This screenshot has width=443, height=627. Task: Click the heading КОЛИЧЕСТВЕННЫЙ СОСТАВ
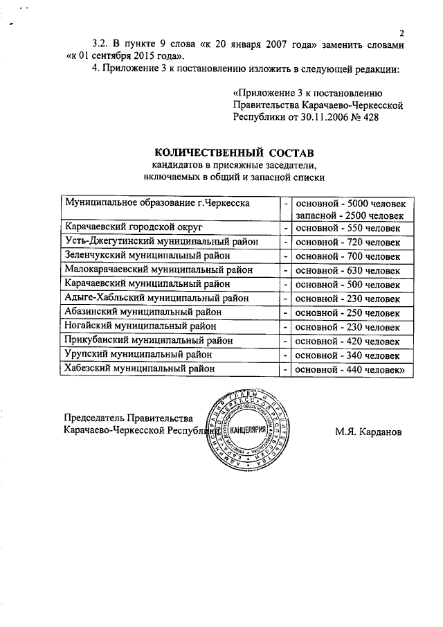233,152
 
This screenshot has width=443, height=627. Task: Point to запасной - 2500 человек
354,215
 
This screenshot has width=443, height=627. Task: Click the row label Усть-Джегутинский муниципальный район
161,241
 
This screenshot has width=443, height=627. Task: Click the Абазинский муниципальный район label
142,312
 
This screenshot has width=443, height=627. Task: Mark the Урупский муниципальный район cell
138,355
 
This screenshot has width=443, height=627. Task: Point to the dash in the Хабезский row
285,370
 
